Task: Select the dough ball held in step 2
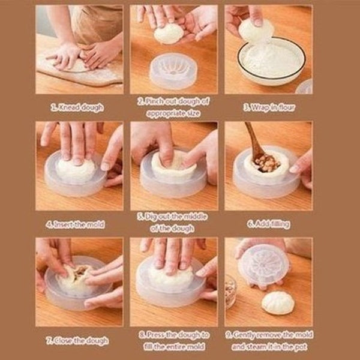(169, 34)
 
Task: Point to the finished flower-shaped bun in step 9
(278, 302)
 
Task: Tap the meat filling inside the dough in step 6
(266, 162)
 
